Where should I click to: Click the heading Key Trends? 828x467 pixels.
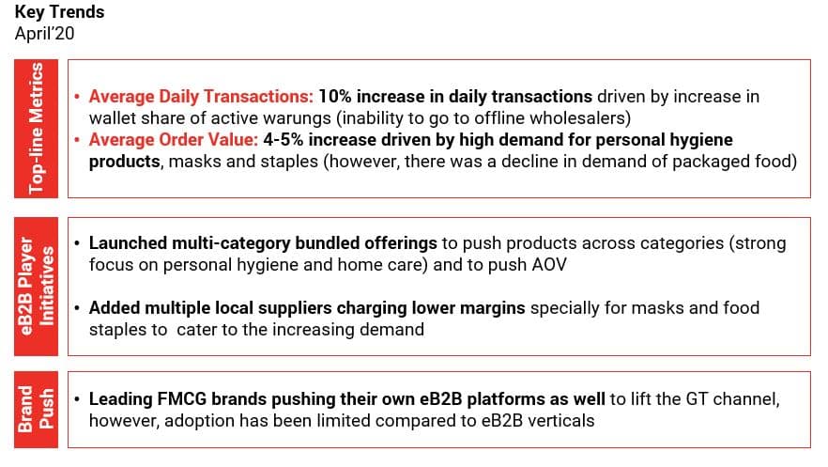(60, 12)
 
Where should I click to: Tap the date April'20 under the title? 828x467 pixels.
(44, 34)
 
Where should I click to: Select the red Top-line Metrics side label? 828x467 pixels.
(36, 129)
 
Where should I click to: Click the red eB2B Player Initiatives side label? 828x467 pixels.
(36, 287)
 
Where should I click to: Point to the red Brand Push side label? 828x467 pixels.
(36, 410)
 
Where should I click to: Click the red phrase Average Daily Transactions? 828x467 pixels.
(201, 97)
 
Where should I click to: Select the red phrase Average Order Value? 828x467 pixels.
(174, 140)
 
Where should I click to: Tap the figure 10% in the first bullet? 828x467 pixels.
(335, 97)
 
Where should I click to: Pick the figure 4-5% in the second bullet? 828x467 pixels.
(284, 140)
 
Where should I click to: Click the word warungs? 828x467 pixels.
(299, 118)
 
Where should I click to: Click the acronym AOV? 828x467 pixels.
(549, 265)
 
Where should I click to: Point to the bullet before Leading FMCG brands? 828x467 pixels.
(77, 399)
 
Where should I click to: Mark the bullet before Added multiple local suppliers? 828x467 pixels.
(77, 308)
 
